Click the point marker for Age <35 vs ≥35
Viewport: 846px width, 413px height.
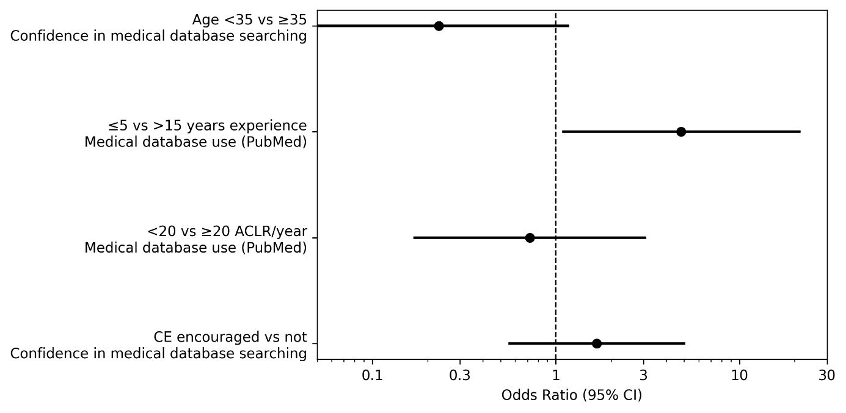coord(439,26)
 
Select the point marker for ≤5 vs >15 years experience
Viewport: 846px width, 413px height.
coord(681,132)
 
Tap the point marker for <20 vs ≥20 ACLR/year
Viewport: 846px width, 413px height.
coord(530,238)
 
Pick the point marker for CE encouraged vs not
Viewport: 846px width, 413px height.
coord(597,343)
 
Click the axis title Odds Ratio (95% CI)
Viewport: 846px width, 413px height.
coord(571,395)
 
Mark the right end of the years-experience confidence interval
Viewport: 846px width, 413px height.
coord(800,132)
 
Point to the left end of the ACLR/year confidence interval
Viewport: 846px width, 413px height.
coord(414,238)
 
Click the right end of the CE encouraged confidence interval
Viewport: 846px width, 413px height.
coord(685,343)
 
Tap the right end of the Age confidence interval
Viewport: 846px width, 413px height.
coord(569,26)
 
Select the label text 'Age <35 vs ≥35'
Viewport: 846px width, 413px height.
coord(249,20)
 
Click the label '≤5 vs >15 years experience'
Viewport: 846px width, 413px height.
coord(208,126)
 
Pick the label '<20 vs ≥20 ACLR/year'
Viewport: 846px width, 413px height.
coord(227,232)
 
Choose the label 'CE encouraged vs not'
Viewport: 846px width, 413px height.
coord(230,337)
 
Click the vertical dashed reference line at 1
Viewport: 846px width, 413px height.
coord(555,183)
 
